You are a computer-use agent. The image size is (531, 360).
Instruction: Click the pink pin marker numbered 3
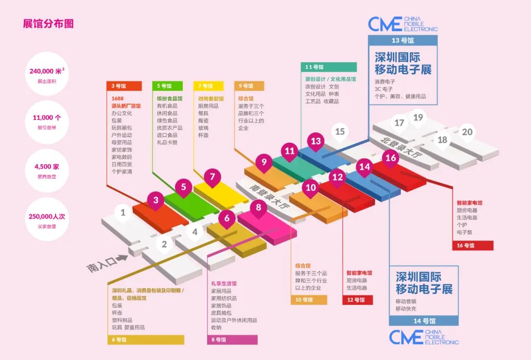[x=156, y=200]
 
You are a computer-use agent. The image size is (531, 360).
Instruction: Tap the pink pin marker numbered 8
[x=259, y=208]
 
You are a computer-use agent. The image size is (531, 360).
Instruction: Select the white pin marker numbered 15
[x=340, y=132]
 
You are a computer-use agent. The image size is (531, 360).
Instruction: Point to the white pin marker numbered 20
[x=467, y=132]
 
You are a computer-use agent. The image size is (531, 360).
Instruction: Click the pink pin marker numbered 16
[x=391, y=158]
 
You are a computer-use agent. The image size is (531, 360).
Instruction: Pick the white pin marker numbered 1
[x=123, y=213]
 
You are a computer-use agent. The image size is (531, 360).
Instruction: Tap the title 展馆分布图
[x=48, y=24]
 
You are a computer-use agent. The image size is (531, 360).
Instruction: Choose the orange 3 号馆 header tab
[x=124, y=86]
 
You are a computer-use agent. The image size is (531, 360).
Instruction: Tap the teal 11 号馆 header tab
[x=328, y=67]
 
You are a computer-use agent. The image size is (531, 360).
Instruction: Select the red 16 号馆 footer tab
[x=472, y=245]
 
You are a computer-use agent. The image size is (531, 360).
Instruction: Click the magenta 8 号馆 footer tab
[x=231, y=340]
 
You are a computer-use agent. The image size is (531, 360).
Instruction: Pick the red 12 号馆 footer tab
[x=357, y=300]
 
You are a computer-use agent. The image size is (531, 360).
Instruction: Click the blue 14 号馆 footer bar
[x=424, y=321]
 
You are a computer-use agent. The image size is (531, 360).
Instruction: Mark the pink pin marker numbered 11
[x=290, y=151]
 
